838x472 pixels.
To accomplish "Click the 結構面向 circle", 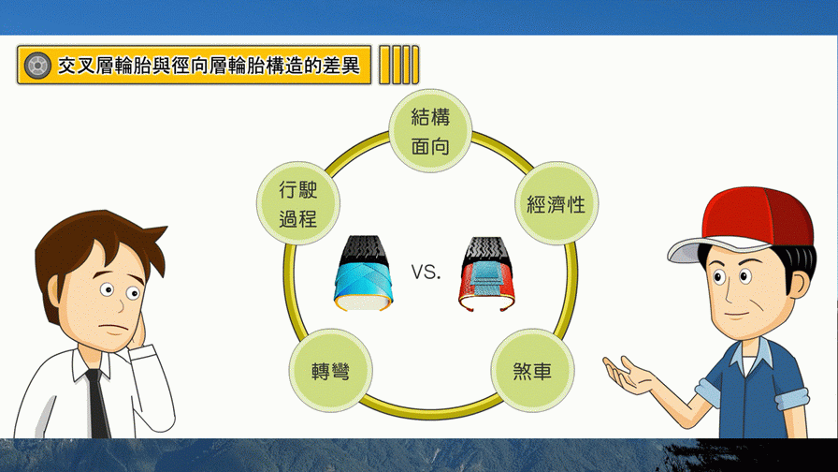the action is [x=430, y=131].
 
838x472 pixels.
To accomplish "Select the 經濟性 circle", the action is [x=556, y=203].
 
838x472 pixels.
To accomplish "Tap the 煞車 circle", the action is [x=532, y=371].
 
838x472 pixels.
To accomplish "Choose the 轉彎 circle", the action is [x=331, y=371].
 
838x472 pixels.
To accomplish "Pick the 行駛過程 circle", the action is [x=298, y=203].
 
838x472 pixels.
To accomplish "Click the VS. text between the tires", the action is [x=426, y=273].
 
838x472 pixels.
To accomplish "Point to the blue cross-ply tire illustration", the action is [x=364, y=273].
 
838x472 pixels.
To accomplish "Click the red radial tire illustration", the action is [x=486, y=273].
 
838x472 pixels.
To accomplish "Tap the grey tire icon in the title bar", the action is [x=37, y=66].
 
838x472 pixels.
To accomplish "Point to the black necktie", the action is [x=97, y=404].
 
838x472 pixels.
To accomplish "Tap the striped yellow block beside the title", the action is [x=398, y=66].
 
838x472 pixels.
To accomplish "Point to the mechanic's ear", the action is [x=799, y=284].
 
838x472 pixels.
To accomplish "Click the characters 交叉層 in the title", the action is [x=86, y=66].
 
